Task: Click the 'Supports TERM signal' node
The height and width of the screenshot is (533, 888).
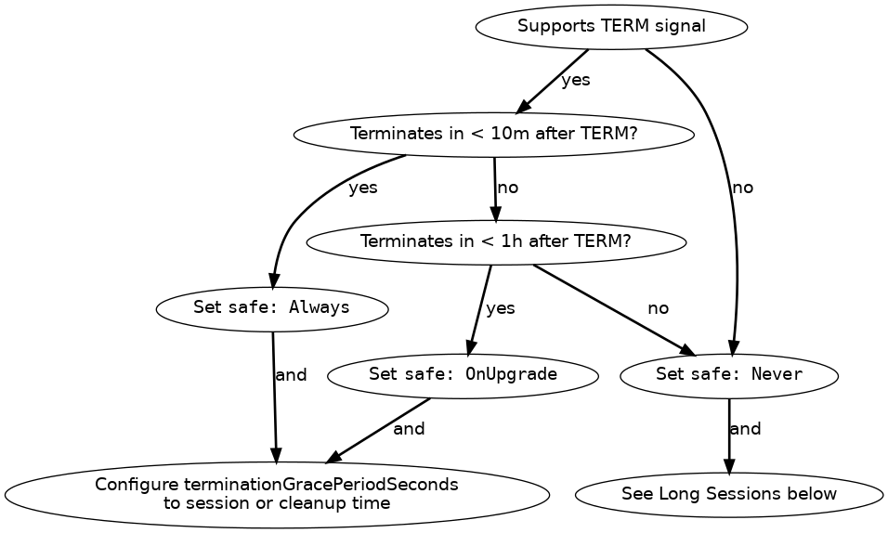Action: pyautogui.click(x=611, y=27)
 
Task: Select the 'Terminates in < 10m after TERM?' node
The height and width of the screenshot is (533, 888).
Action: pyautogui.click(x=493, y=134)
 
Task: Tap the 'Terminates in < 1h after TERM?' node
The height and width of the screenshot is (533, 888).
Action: pyautogui.click(x=495, y=242)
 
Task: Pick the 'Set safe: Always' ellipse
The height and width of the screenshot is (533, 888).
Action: pyautogui.click(x=272, y=307)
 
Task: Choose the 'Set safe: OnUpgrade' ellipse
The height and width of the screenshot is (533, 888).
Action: pyautogui.click(x=463, y=375)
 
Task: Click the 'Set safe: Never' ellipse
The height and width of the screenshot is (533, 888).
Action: pyautogui.click(x=729, y=375)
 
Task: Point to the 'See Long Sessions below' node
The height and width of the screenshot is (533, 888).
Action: pyautogui.click(x=729, y=494)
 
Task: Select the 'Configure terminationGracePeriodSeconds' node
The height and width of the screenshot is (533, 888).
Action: pyautogui.click(x=277, y=494)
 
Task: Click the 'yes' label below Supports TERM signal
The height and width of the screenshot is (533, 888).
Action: pyautogui.click(x=576, y=80)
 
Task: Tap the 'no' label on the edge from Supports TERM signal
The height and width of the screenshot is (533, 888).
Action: pyautogui.click(x=743, y=188)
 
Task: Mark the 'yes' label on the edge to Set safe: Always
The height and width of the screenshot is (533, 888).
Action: pyautogui.click(x=363, y=188)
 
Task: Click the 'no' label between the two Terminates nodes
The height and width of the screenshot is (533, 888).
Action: pyautogui.click(x=507, y=188)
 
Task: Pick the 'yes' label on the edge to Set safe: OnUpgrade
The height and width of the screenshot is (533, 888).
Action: pyautogui.click(x=501, y=308)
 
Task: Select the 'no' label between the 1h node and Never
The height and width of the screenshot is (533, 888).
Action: pyautogui.click(x=658, y=308)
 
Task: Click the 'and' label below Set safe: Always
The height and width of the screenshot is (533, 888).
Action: pyautogui.click(x=291, y=375)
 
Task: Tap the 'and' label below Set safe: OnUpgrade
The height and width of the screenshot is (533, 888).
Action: pyautogui.click(x=409, y=429)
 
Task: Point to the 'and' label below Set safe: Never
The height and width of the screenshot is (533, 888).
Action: pyautogui.click(x=746, y=429)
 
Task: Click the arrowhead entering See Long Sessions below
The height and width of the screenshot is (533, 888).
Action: pyautogui.click(x=729, y=466)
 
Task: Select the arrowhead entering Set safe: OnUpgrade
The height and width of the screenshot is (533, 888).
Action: pyautogui.click(x=470, y=348)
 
